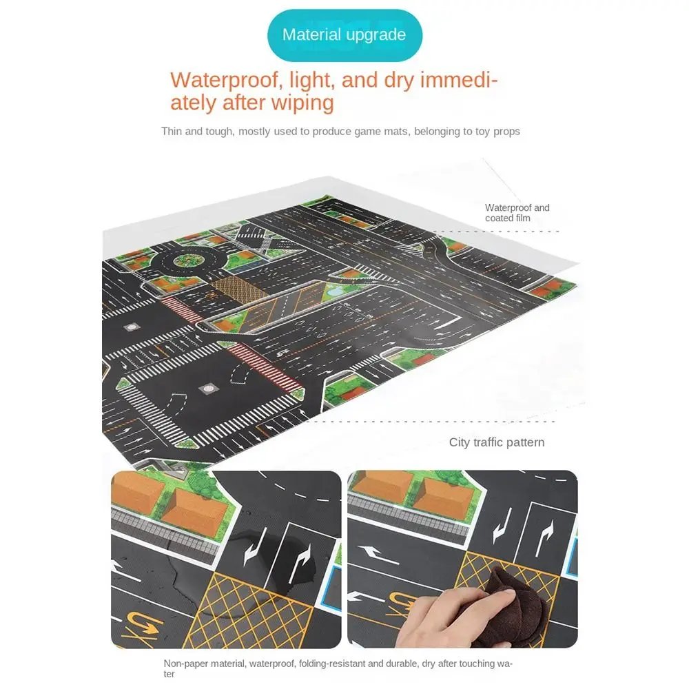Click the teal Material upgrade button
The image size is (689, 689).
(344, 35)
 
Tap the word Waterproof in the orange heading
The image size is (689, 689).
(223, 80)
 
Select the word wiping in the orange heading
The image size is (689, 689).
(301, 103)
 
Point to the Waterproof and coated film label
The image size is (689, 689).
(517, 213)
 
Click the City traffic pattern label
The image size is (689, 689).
(496, 442)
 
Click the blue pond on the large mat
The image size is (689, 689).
(335, 291)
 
